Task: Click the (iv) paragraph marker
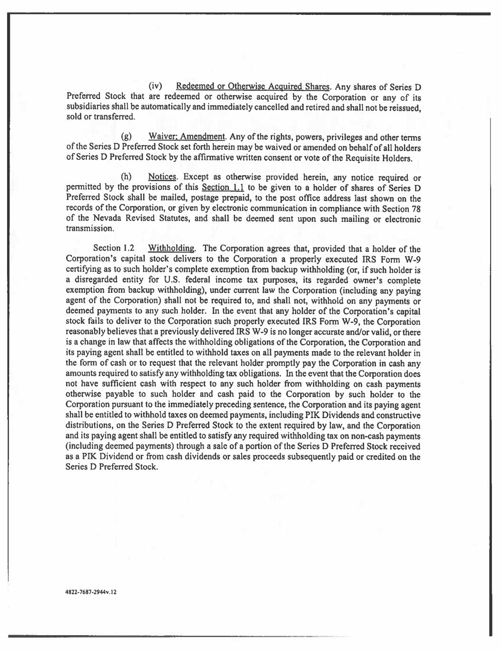click(156, 87)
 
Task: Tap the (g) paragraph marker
click(127, 137)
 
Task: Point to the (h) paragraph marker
click(127, 178)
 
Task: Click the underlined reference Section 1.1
click(223, 188)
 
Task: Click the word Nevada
click(96, 219)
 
